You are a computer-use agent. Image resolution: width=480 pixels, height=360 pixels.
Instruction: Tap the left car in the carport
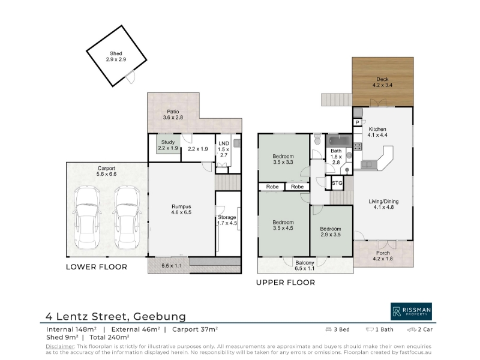(88, 218)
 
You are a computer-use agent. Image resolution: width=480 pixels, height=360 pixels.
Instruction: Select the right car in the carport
(127, 218)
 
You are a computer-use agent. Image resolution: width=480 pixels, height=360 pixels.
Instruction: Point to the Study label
(168, 142)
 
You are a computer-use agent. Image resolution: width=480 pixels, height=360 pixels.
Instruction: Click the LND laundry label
(224, 143)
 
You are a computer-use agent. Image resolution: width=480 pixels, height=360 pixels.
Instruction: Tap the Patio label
(173, 112)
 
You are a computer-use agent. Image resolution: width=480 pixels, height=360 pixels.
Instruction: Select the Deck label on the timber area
(382, 79)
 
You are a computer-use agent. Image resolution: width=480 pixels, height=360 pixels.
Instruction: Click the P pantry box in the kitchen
(357, 122)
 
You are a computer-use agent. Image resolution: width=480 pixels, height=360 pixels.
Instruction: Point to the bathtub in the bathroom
(339, 141)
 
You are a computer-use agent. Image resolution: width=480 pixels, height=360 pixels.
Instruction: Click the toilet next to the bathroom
(317, 139)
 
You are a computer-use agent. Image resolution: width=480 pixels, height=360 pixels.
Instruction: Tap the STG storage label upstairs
(337, 183)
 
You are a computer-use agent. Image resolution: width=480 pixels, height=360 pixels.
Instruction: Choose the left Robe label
(272, 187)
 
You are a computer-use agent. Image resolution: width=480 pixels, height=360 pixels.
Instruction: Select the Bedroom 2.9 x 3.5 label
(331, 232)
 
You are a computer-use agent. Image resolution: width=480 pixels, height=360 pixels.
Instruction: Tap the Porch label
(383, 253)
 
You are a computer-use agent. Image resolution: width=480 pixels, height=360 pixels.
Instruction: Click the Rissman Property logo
(411, 311)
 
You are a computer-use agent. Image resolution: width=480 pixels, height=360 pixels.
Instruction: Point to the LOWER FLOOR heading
(97, 267)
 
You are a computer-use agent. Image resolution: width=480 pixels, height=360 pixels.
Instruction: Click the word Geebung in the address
(160, 316)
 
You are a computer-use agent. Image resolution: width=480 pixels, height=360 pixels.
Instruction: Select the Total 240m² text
(109, 337)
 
